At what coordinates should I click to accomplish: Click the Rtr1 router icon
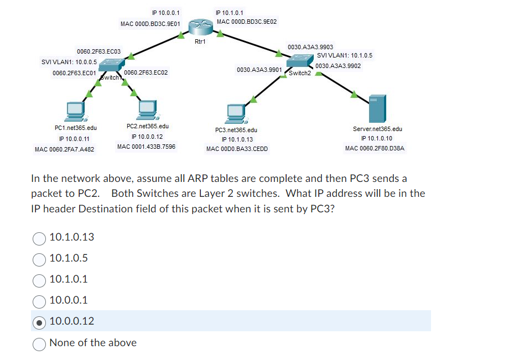point(200,27)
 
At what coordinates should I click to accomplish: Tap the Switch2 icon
point(300,62)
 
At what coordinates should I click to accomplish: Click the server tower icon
point(377,108)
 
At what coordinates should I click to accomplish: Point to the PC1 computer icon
point(74,111)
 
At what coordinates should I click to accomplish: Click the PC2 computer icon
point(147,109)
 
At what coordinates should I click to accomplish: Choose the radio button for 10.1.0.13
point(39,238)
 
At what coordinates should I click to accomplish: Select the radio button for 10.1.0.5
point(39,259)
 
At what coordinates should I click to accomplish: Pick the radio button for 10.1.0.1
point(39,280)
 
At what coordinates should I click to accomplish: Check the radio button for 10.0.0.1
point(39,301)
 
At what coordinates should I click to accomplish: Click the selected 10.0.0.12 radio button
point(39,322)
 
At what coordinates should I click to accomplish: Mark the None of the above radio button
point(39,343)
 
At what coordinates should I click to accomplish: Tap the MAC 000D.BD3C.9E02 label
point(247,22)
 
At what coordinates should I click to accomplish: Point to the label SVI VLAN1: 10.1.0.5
point(345,55)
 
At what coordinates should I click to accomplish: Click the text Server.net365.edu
point(377,129)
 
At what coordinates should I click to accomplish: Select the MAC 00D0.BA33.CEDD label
point(237,149)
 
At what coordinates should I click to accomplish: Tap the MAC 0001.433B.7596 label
point(146,147)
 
